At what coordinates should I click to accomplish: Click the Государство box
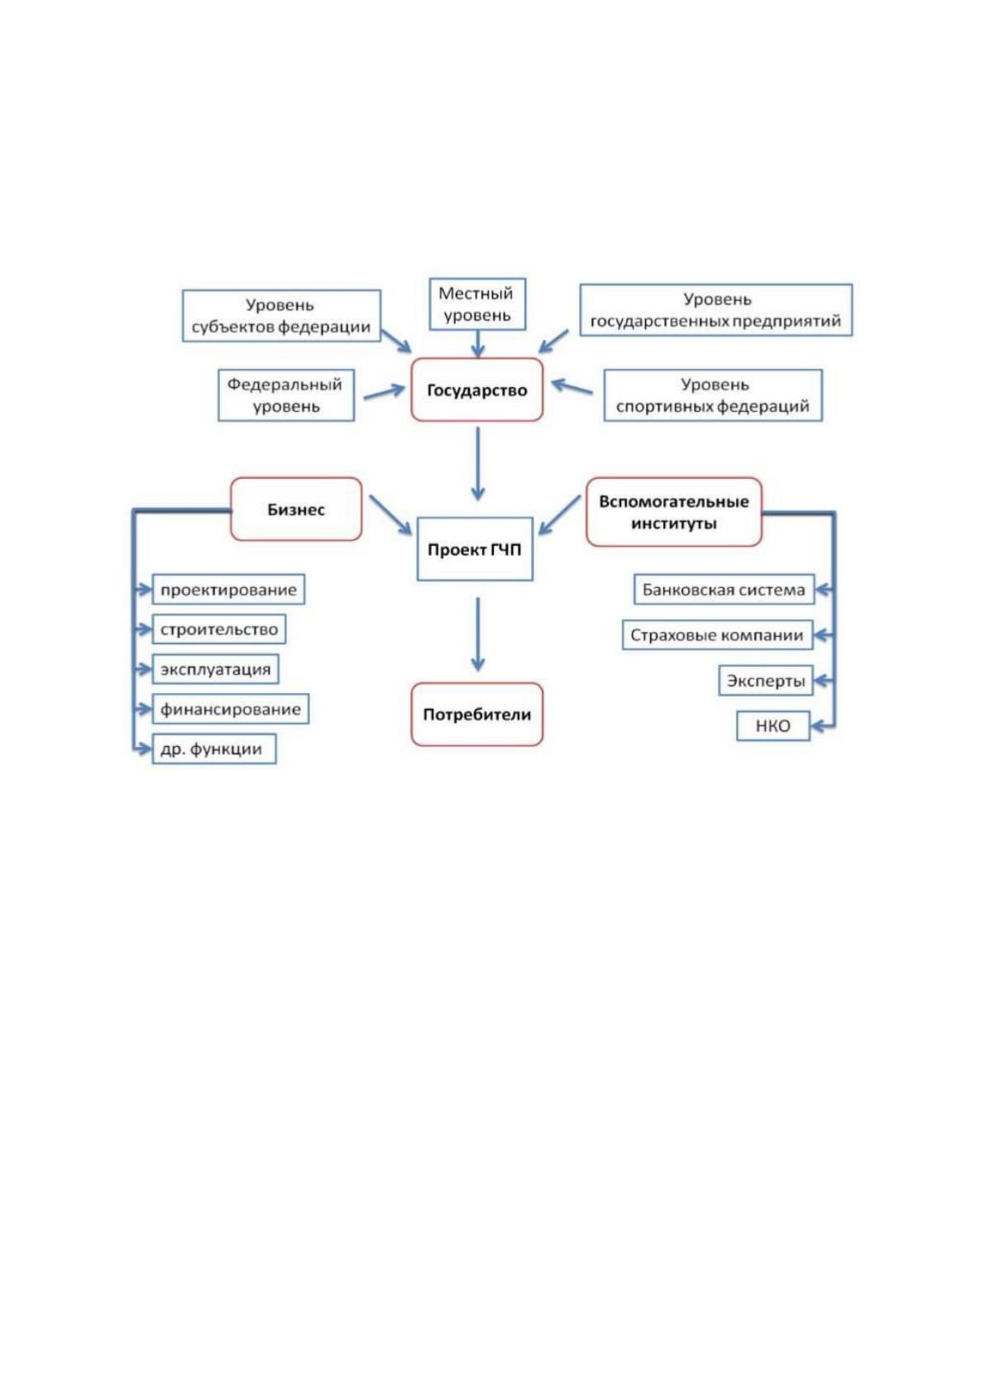point(477,390)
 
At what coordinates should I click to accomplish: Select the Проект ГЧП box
point(475,549)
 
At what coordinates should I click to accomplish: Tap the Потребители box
point(477,714)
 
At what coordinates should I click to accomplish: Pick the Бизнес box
point(296,510)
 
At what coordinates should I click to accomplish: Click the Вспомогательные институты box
point(674,512)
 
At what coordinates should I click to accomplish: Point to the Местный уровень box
point(477,304)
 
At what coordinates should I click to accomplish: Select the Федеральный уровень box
point(286,395)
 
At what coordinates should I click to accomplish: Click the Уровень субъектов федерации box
point(281,315)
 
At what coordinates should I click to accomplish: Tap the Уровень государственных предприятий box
point(715,310)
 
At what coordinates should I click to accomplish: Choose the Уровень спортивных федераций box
point(713,395)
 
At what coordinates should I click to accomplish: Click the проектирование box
point(228,589)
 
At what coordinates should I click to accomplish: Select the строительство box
point(219,629)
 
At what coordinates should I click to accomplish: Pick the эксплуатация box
point(215,669)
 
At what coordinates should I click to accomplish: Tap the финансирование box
point(230,709)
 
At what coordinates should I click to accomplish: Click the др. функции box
point(214,749)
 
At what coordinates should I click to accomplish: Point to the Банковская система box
point(724,589)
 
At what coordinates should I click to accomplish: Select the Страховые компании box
point(718,635)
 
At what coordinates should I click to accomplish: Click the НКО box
point(773,725)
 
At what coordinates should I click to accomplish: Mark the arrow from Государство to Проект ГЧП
point(477,464)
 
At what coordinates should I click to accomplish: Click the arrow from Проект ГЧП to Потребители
point(477,634)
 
